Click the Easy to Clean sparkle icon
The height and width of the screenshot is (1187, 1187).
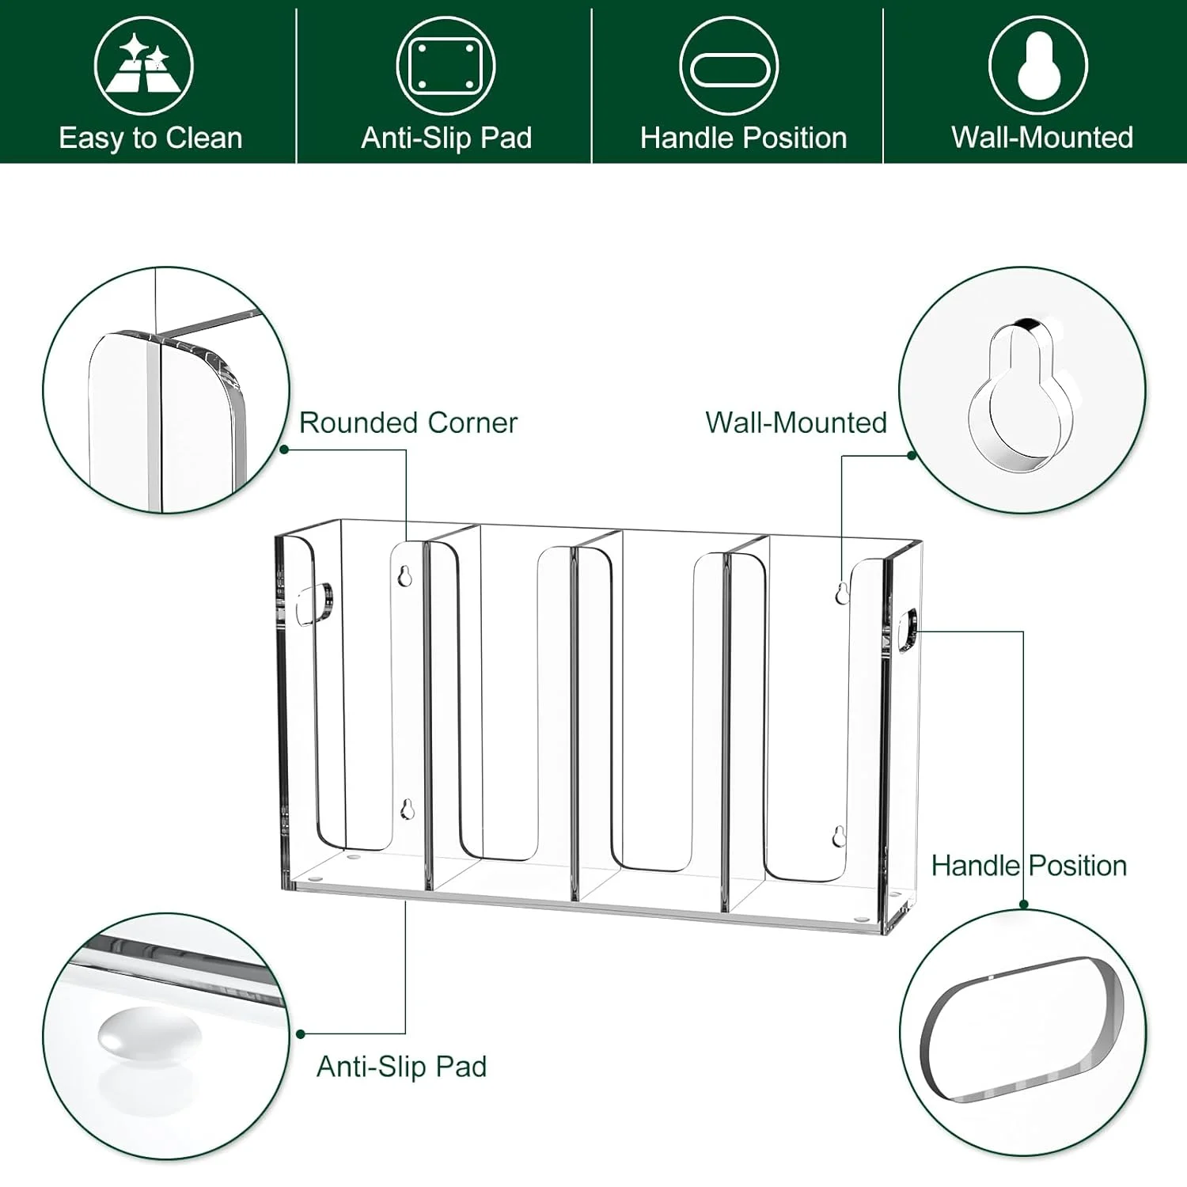tap(143, 66)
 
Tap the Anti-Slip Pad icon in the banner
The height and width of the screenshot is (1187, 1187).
tap(446, 66)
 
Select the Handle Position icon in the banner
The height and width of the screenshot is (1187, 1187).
tap(729, 66)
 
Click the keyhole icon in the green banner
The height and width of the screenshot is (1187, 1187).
tap(1038, 66)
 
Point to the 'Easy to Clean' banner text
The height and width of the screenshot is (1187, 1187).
tap(150, 138)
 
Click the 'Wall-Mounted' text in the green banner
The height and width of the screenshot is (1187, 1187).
tap(1042, 138)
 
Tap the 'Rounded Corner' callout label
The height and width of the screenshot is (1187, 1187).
tap(408, 423)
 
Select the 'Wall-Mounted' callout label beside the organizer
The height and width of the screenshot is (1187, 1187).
tap(795, 423)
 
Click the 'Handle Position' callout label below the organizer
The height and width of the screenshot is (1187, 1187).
tap(1029, 866)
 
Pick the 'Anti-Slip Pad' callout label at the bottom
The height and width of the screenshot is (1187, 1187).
tap(401, 1067)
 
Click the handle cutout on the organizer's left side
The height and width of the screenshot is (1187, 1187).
tap(314, 603)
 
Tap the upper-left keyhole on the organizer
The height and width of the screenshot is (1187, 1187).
tap(404, 576)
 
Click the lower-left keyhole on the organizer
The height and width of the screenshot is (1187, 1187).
tap(407, 809)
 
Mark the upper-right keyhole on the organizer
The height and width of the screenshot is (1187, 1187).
tap(842, 593)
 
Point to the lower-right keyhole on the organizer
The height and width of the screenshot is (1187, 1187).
tap(839, 836)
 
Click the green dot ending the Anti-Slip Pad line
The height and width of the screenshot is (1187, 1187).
tap(301, 1033)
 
